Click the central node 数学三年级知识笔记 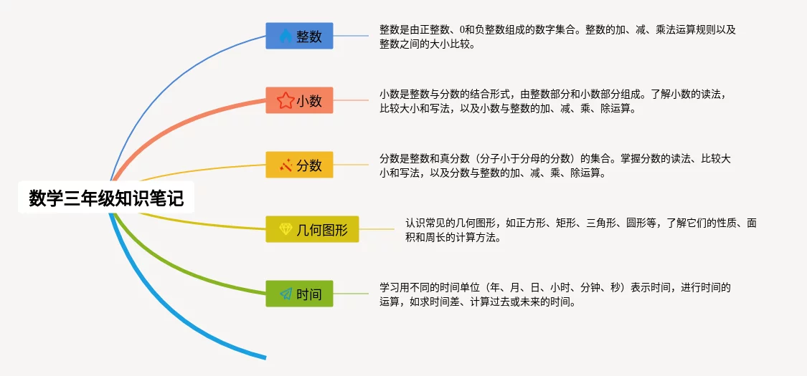click(106, 197)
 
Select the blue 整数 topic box click(300, 36)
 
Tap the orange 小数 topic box click(300, 100)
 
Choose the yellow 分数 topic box click(300, 165)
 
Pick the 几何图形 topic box click(312, 229)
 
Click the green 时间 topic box click(300, 294)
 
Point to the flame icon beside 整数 click(285, 36)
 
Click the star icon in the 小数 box click(285, 100)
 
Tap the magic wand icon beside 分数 click(285, 165)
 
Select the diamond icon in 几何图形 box click(285, 229)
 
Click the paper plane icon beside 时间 click(285, 294)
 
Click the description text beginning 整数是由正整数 click(558, 37)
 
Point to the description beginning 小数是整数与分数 click(553, 101)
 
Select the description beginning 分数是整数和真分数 click(555, 165)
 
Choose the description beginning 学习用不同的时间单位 click(555, 294)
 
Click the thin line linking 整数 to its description click(351, 36)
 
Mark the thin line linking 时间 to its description click(351, 294)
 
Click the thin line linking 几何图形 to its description click(376, 229)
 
